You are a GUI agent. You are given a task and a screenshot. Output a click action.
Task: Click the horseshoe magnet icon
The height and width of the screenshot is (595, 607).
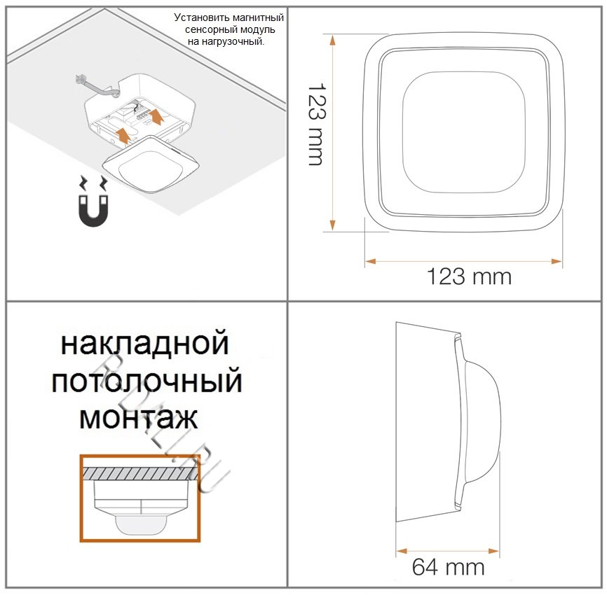pos(93,211)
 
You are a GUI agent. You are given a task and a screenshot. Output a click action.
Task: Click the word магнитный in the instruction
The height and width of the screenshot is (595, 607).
pos(255,17)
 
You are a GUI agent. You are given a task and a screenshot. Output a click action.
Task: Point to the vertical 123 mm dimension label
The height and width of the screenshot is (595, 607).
pos(317,124)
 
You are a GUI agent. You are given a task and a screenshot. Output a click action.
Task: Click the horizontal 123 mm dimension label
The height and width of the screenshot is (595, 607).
pos(469,276)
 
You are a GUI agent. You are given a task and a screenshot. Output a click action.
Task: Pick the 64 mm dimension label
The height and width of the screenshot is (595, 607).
pos(448,567)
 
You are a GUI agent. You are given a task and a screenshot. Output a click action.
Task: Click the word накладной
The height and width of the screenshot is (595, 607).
pos(145,343)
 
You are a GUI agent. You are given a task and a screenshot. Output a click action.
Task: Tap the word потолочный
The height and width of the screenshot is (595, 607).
pos(146,381)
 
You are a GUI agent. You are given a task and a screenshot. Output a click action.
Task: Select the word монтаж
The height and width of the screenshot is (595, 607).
pos(139,418)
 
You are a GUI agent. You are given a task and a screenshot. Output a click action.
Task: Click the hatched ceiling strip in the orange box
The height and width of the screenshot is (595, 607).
pos(140,473)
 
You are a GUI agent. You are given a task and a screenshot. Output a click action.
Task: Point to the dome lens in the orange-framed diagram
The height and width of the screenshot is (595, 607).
pos(141,524)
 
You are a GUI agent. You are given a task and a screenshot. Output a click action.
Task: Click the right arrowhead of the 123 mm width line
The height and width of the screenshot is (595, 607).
pos(557,261)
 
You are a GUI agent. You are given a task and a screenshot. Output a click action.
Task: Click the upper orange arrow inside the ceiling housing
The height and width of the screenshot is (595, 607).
pos(156,116)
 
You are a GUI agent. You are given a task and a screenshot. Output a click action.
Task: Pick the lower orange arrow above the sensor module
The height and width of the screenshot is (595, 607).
pos(123,134)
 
